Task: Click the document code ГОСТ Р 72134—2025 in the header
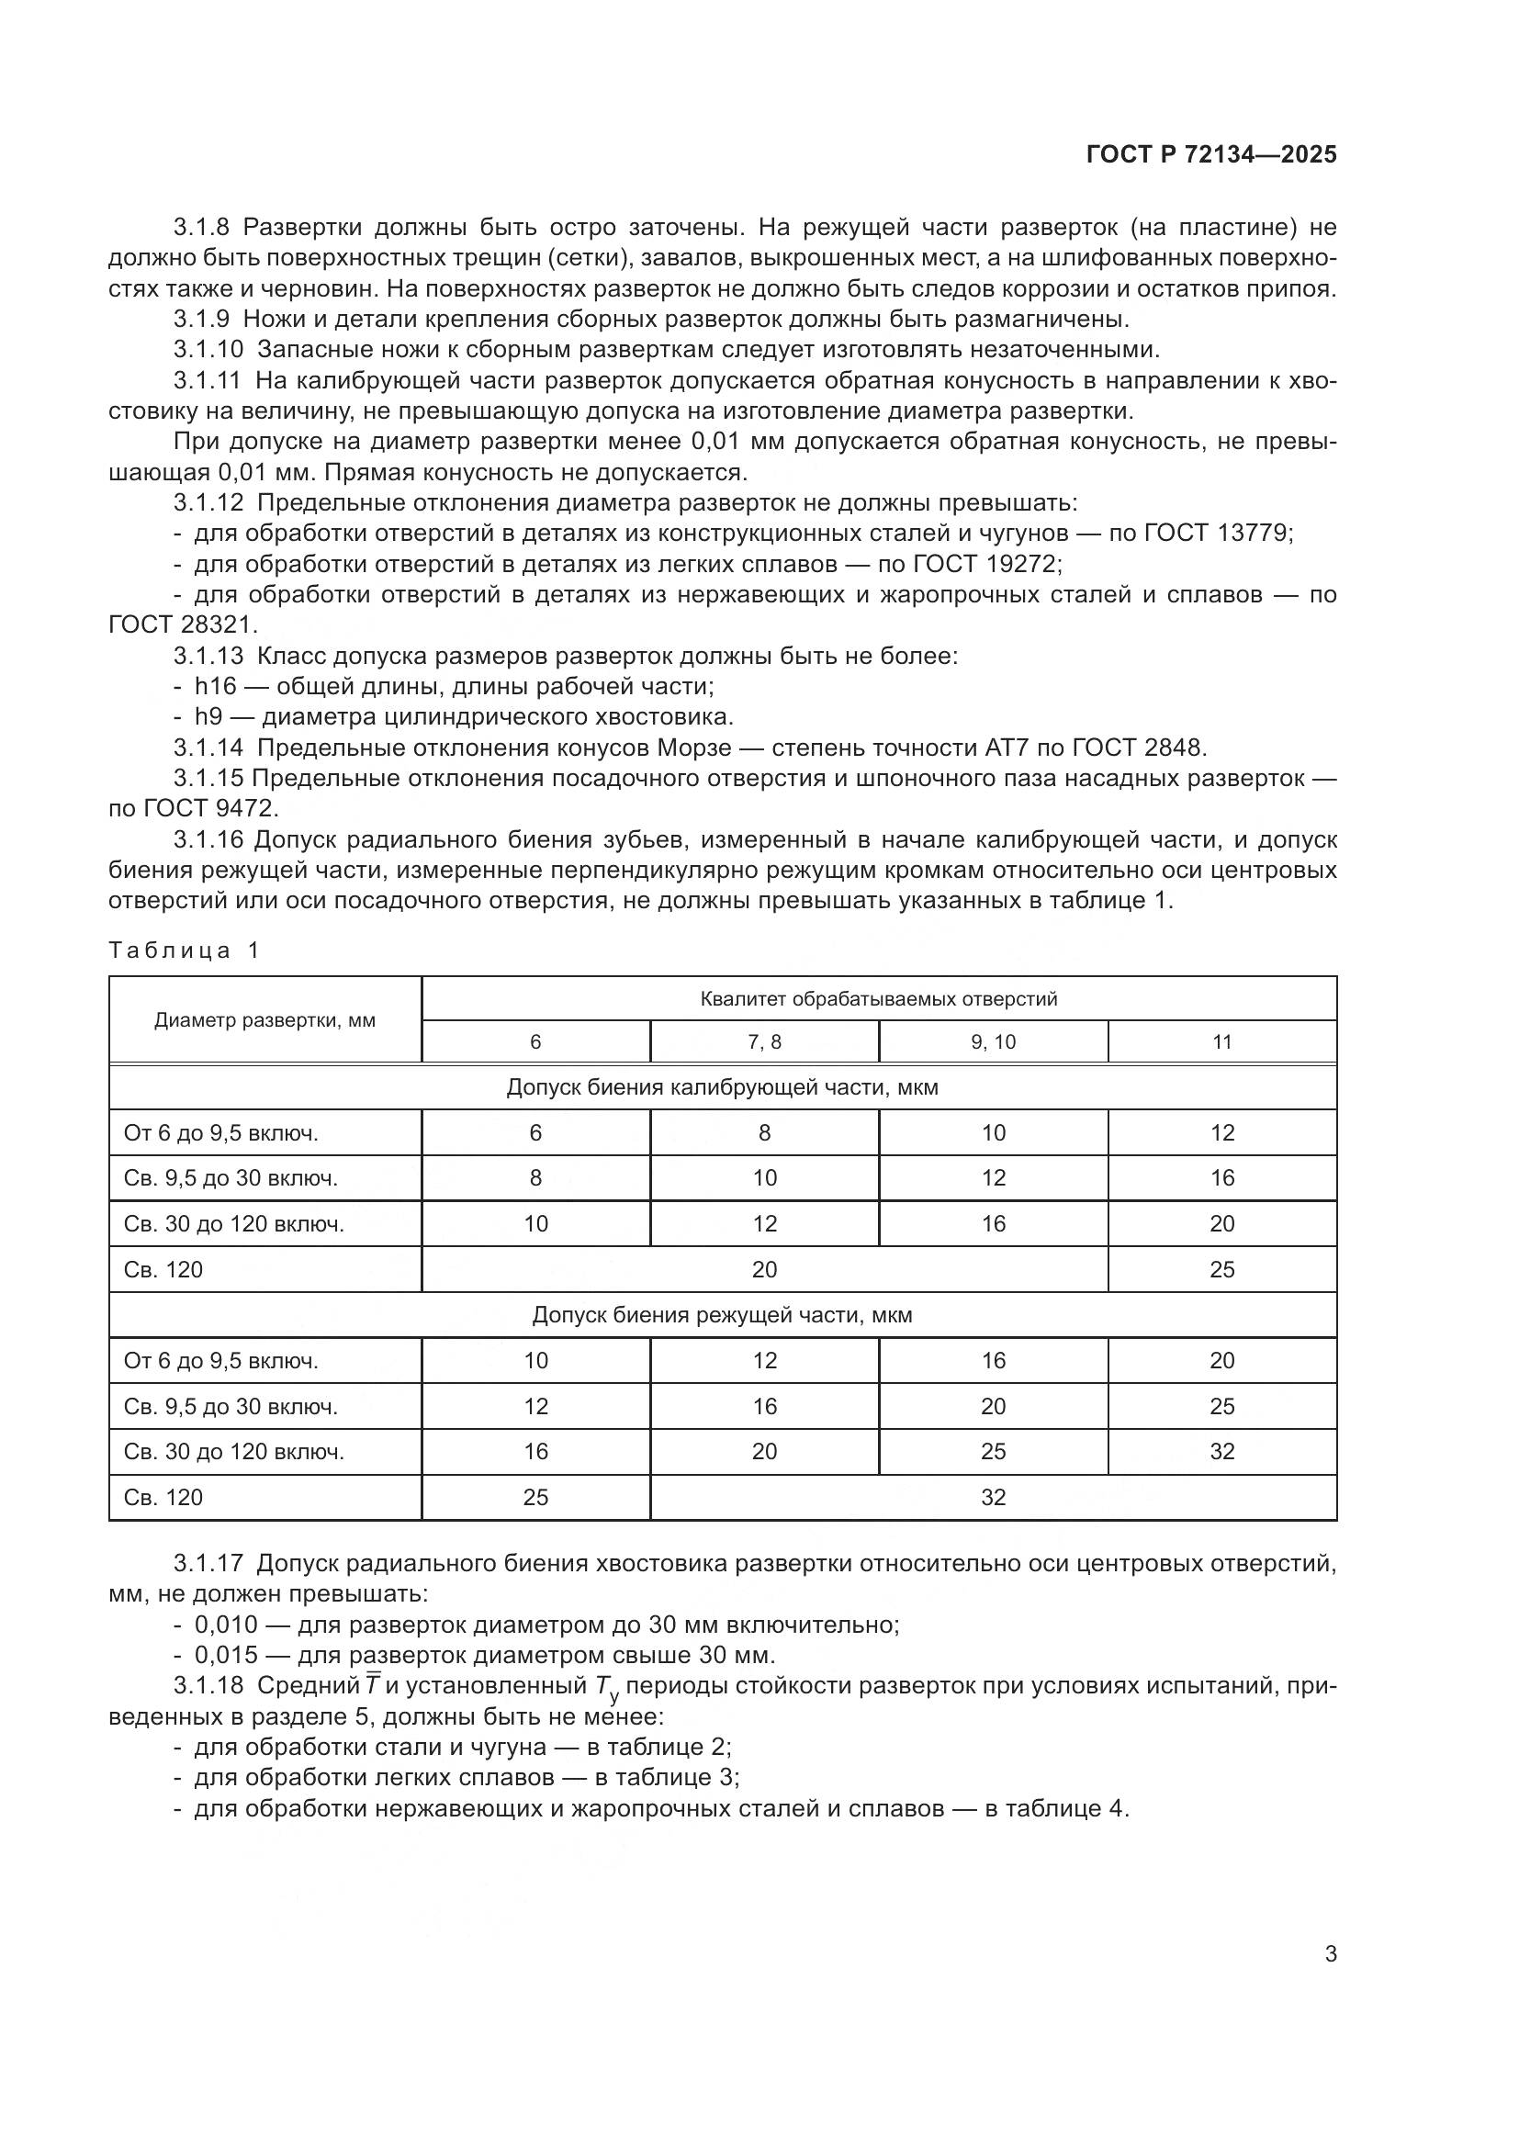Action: tap(1211, 155)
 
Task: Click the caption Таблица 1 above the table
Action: tap(184, 950)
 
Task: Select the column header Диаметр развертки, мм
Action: tap(264, 1019)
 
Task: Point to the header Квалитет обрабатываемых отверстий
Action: tap(878, 998)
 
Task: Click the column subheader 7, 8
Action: tap(764, 1042)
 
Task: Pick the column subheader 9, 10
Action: tap(993, 1042)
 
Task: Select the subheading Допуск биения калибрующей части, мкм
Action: tap(722, 1087)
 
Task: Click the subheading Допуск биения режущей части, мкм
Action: tap(722, 1315)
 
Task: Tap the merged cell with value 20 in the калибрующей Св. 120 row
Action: tap(764, 1269)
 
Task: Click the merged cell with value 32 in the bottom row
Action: tap(993, 1497)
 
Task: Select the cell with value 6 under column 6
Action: tap(535, 1133)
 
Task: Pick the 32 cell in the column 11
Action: tap(1221, 1451)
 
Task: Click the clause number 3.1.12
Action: tap(208, 503)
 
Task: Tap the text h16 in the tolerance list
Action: tap(215, 687)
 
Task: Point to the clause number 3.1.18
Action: tap(208, 1686)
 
